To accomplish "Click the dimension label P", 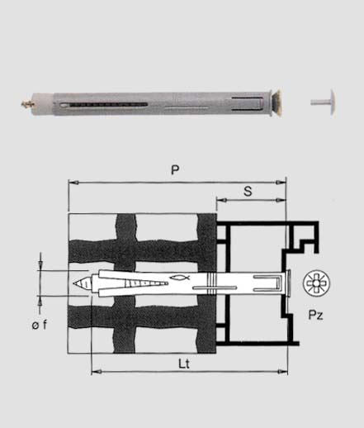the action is [x=175, y=170].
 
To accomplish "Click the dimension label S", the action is [x=248, y=191].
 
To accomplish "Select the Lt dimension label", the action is [x=184, y=364].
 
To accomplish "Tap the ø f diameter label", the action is [x=40, y=325].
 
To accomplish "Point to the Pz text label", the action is [x=315, y=315].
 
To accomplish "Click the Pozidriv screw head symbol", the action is [x=316, y=283].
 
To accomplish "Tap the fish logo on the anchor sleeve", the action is [x=180, y=278].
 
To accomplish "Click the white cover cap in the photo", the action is [x=324, y=102].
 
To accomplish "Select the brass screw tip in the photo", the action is [x=27, y=104].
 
